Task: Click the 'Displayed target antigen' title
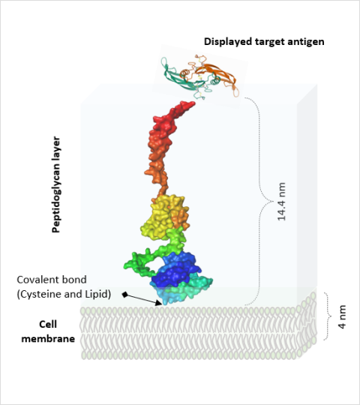264,41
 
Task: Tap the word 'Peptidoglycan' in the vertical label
56,196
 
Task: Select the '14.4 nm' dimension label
281,202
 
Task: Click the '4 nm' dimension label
342,317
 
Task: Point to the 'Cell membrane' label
48,331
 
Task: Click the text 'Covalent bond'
52,280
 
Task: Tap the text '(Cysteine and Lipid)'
64,294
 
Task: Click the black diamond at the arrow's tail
125,295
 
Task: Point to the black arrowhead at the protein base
159,303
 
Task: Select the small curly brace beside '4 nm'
328,316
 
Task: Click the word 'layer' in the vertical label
56,146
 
